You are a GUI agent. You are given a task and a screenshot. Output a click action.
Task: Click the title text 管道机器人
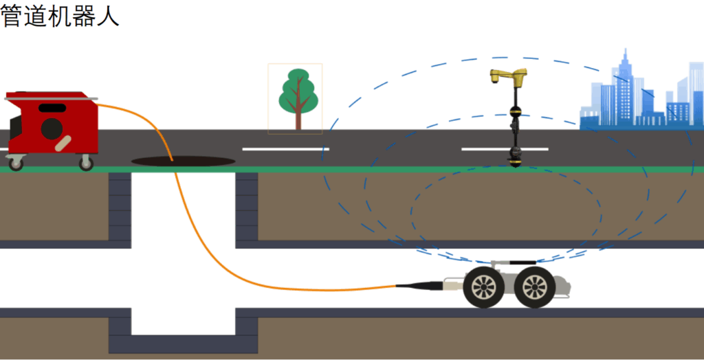tap(60, 16)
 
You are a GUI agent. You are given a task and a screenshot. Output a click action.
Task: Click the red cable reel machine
tap(52, 124)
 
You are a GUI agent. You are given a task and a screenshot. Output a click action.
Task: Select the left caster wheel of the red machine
tap(14, 163)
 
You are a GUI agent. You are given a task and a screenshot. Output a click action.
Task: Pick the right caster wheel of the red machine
tap(86, 163)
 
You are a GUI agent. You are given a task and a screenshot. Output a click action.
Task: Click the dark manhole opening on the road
tap(183, 161)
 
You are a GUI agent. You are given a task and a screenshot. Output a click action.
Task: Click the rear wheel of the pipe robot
tap(483, 288)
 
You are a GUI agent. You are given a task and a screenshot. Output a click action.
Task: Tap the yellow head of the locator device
tap(509, 74)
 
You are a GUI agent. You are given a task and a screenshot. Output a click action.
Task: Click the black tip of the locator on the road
tap(515, 161)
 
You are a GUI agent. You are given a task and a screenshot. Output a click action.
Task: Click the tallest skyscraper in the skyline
tap(625, 86)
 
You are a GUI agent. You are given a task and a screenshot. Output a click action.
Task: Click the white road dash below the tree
tap(285, 149)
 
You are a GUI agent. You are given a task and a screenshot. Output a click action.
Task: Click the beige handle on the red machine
tap(63, 145)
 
